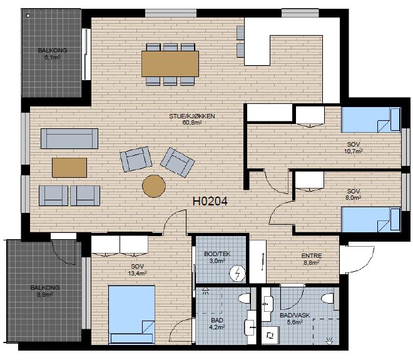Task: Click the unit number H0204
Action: [210, 202]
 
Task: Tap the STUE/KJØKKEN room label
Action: [192, 116]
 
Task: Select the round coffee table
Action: [154, 186]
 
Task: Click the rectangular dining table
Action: [170, 64]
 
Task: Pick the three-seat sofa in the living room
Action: [69, 138]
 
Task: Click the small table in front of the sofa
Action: [69, 168]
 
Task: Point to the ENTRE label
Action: [312, 255]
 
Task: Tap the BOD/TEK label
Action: [217, 254]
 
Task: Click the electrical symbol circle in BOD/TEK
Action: [237, 274]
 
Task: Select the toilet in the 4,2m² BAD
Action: [245, 299]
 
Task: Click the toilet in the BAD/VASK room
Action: [327, 299]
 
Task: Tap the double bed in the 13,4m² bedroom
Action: [131, 314]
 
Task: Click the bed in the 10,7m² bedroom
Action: [371, 120]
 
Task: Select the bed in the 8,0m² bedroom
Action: [371, 220]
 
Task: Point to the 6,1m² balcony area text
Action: [52, 57]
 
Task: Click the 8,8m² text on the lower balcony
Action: [44, 295]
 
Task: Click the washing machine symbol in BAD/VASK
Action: [270, 335]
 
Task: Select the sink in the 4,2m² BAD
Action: [250, 327]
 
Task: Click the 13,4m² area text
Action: [137, 274]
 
